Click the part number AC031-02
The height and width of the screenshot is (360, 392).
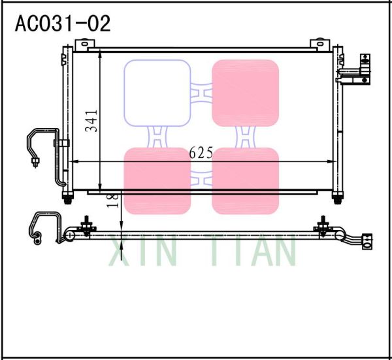(63, 24)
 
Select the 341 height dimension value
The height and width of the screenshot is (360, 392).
(91, 121)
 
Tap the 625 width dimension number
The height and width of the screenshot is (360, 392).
(201, 153)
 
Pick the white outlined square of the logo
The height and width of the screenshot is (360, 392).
(157, 92)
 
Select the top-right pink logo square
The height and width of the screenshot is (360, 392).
(246, 92)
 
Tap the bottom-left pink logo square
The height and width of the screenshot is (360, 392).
(157, 181)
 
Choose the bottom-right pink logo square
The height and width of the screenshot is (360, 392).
(246, 181)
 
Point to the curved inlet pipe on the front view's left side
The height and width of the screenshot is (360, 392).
(39, 147)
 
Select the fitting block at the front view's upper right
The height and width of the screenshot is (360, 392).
(356, 73)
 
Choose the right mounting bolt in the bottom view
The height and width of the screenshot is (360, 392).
(321, 227)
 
